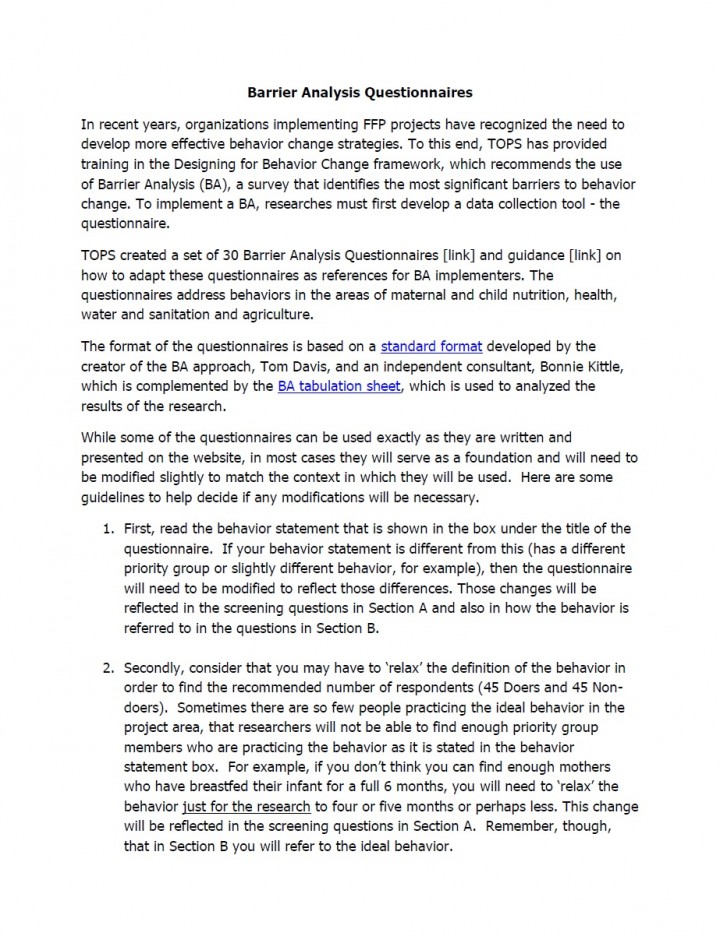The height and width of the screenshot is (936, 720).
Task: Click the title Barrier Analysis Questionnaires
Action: pyautogui.click(x=360, y=92)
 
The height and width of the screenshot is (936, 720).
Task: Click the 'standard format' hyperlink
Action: pyautogui.click(x=431, y=347)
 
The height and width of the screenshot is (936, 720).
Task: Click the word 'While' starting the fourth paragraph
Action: pyautogui.click(x=100, y=438)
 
